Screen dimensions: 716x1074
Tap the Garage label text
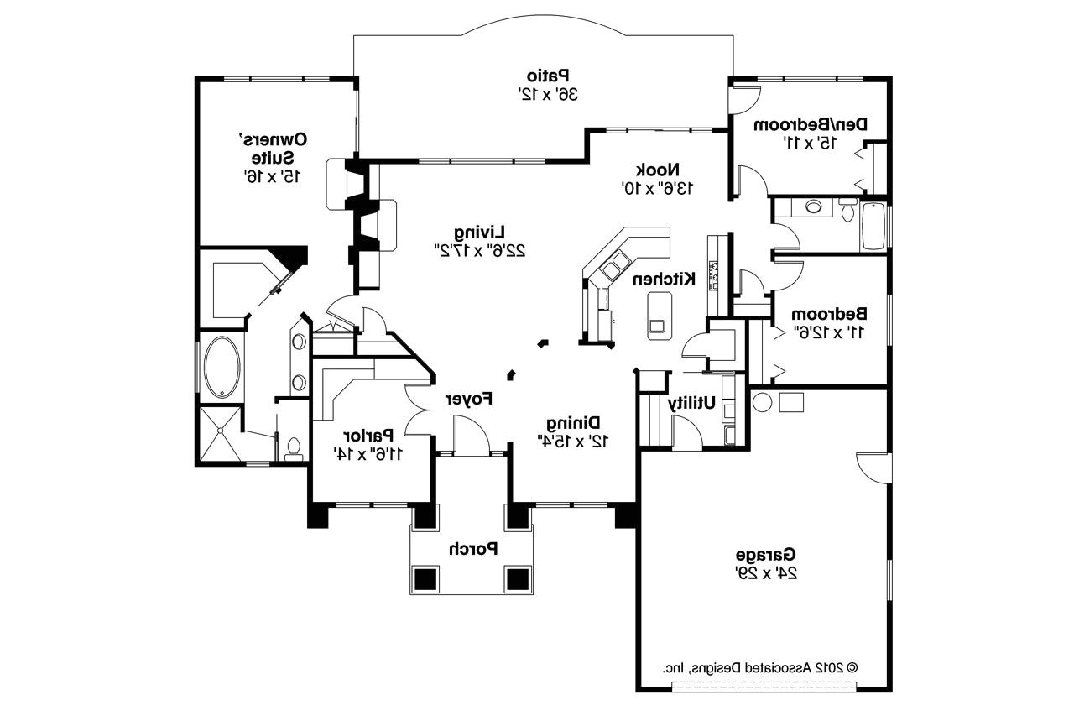coord(766,555)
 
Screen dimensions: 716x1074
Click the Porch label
coord(472,549)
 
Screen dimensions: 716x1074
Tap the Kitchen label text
coord(663,279)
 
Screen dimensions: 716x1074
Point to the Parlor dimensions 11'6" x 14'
coord(368,453)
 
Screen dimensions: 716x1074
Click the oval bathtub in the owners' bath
coord(222,368)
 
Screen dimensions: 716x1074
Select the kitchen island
coord(660,315)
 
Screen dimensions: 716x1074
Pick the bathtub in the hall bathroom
coord(873,225)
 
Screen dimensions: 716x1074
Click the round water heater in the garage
coord(762,401)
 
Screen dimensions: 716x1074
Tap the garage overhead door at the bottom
coord(764,687)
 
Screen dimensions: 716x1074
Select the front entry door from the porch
coord(472,436)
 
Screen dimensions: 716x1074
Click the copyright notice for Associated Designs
coord(759,668)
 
